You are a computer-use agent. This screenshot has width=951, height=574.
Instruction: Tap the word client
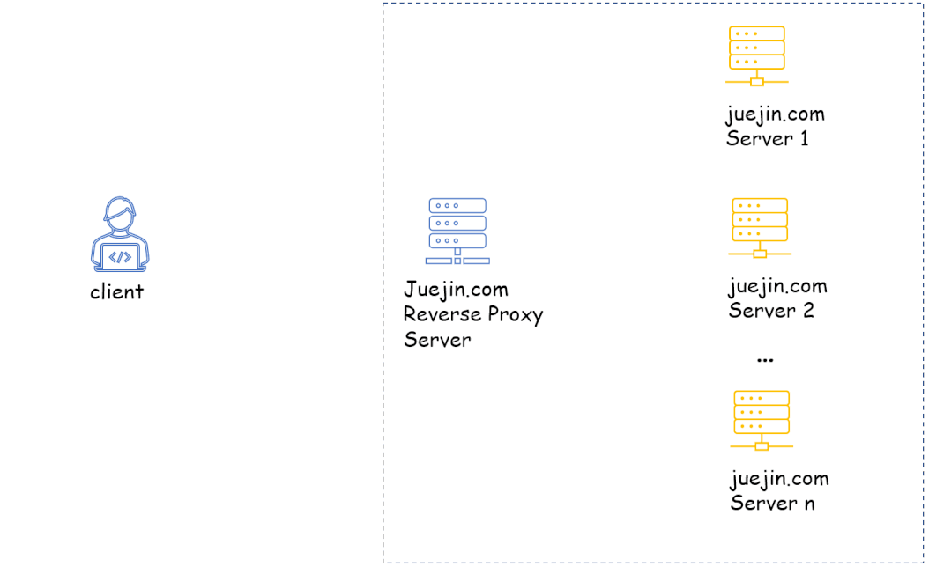(x=116, y=292)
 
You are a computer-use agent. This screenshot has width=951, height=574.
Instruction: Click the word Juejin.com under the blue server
(x=456, y=290)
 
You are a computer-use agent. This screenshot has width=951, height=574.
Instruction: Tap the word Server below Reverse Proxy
(x=437, y=340)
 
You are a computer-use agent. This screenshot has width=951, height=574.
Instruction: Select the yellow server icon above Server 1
(x=757, y=55)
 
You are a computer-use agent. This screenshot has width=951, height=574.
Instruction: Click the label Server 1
(x=768, y=138)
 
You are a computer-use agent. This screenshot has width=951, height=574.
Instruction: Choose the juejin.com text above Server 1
(x=775, y=114)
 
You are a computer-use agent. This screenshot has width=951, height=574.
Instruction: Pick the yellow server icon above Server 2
(x=760, y=227)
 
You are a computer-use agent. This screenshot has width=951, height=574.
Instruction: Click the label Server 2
(x=771, y=311)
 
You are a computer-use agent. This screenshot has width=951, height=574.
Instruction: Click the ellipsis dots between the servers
(x=765, y=360)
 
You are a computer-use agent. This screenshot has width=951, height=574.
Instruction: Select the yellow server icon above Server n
(x=762, y=420)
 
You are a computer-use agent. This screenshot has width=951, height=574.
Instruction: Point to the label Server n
(x=772, y=504)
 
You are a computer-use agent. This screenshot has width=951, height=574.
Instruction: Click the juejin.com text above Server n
(x=779, y=480)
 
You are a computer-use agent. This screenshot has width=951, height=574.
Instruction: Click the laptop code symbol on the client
(x=120, y=257)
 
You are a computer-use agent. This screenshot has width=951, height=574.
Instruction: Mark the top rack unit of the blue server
(x=457, y=205)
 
